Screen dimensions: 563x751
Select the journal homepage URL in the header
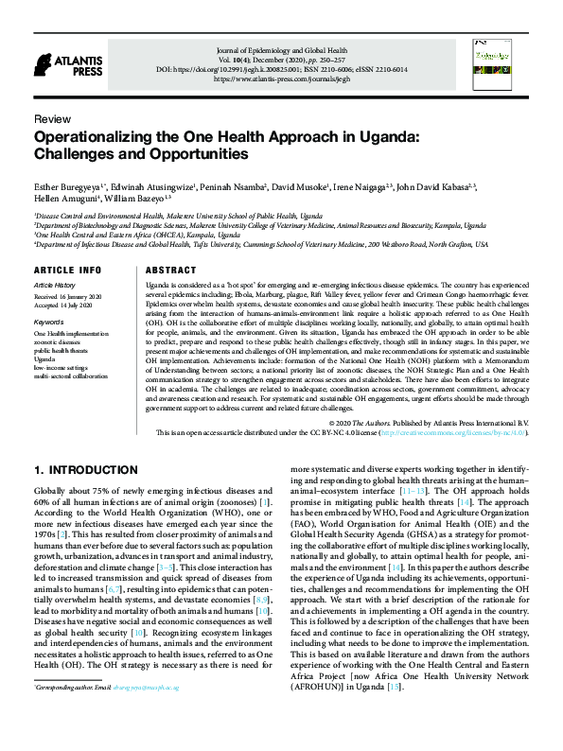click(x=301, y=80)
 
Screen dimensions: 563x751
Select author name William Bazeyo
click(x=138, y=199)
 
